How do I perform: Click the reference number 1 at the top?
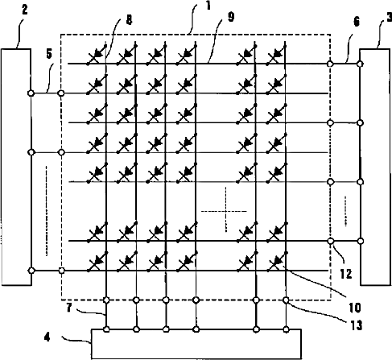[x=208, y=6]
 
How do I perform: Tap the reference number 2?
[x=24, y=10]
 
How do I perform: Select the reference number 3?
[x=388, y=18]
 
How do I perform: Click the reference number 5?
[x=49, y=54]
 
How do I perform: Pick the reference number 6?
[x=357, y=22]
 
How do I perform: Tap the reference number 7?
[x=69, y=308]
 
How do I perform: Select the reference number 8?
[x=129, y=20]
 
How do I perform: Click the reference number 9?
[x=231, y=17]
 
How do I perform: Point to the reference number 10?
[x=355, y=308]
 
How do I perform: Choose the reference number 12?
[x=346, y=274]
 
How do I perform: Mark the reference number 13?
[x=356, y=325]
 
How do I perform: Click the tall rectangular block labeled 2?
[x=16, y=167]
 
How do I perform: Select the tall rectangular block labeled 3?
[x=375, y=167]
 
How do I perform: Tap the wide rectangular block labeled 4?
[x=196, y=344]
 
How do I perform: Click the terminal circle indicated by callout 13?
[x=287, y=300]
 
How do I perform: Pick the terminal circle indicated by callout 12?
[x=331, y=241]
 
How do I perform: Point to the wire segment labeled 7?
[x=106, y=315]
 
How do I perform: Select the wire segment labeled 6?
[x=345, y=64]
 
